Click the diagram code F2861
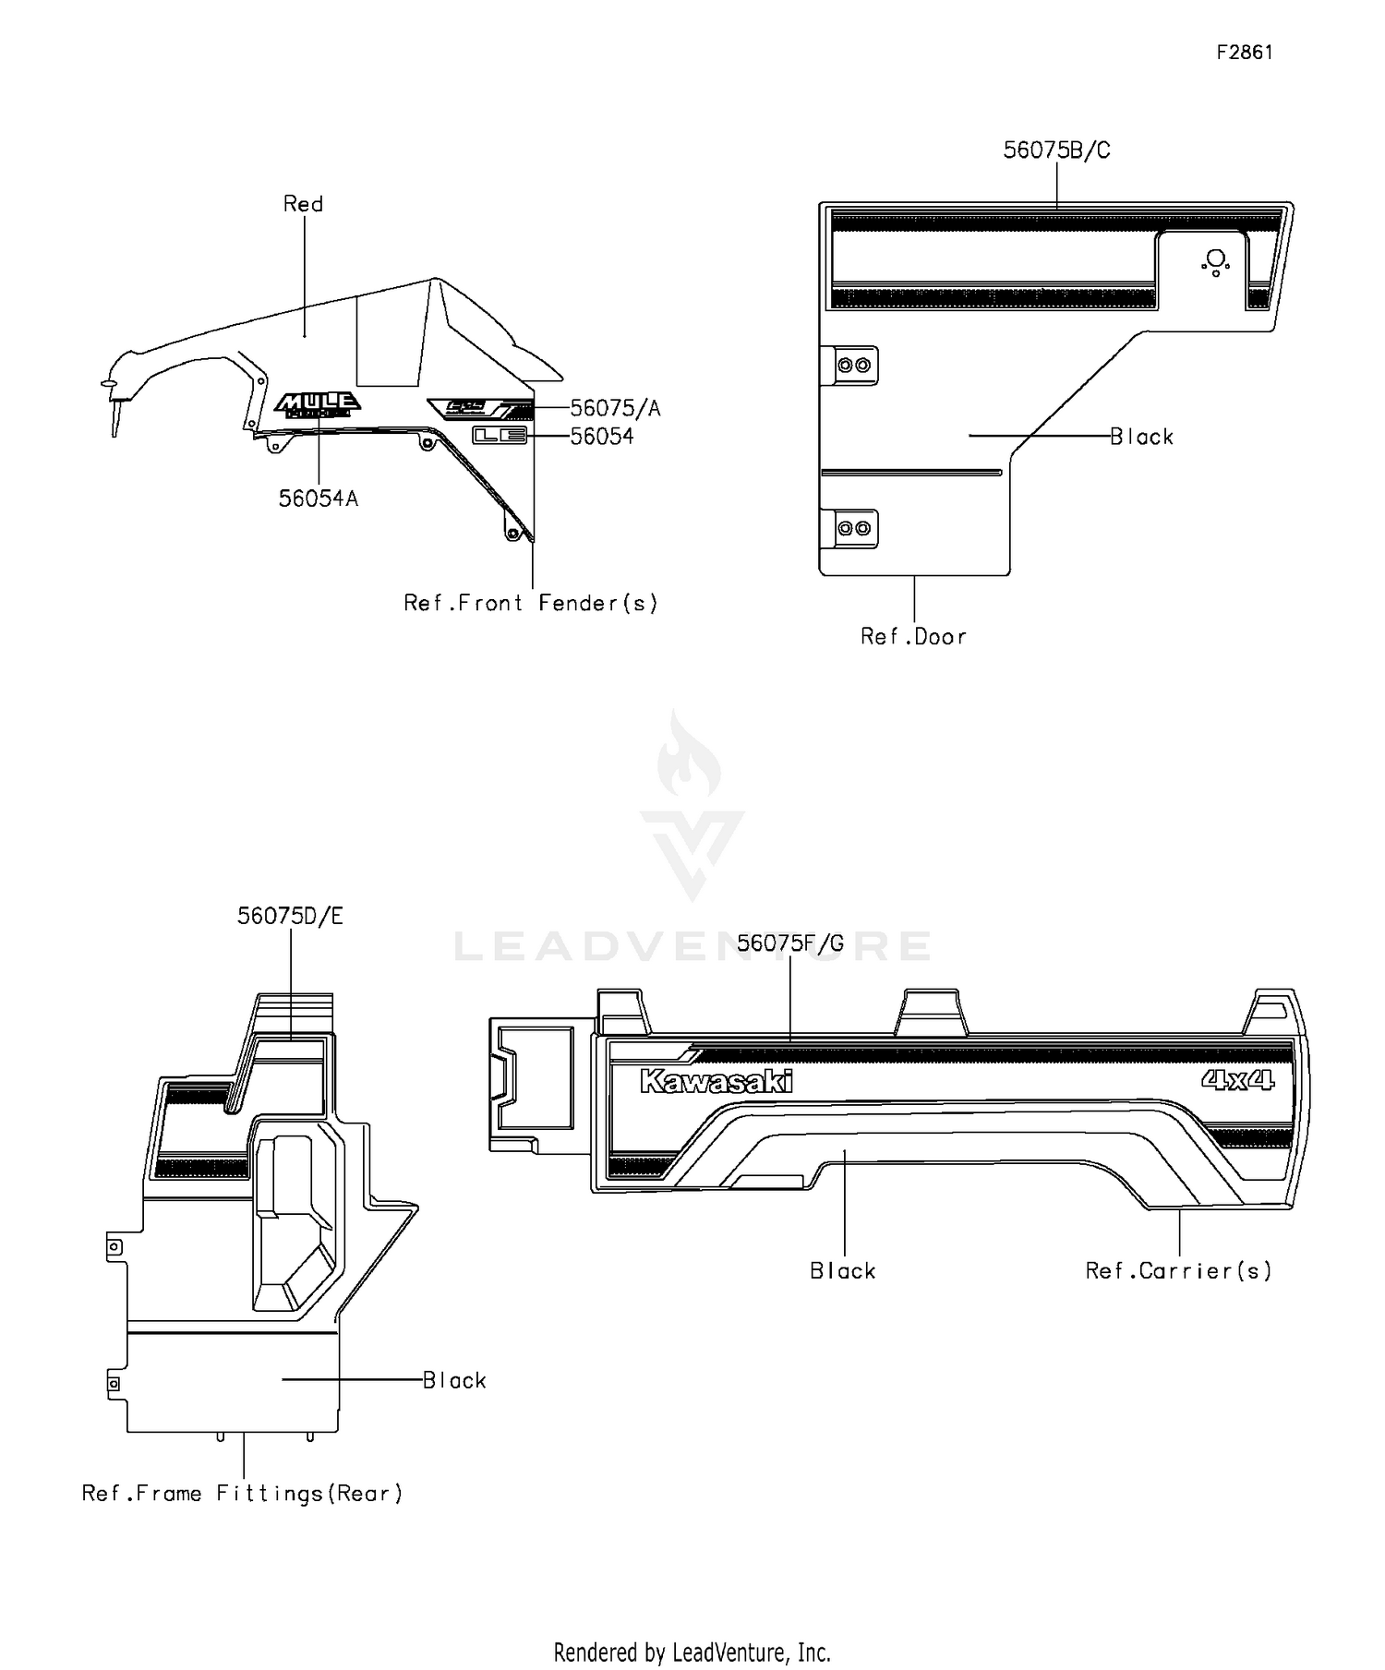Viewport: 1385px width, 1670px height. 1244,53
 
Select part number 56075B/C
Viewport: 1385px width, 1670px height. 1056,150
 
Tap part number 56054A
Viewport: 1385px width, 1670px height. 319,499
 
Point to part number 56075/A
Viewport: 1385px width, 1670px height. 615,408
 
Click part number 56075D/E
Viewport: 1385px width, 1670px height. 290,916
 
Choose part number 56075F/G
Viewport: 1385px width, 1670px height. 790,943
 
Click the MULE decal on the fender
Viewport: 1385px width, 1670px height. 318,403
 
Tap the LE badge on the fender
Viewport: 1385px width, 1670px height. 500,436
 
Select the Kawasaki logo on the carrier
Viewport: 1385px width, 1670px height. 717,1081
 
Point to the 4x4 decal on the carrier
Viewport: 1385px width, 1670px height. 1237,1079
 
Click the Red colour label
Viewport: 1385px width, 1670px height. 303,204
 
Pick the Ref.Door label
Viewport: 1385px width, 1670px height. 913,637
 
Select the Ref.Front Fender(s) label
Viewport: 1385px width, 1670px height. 531,604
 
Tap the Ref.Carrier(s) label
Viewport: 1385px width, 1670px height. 1178,1271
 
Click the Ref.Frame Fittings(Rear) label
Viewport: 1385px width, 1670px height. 243,1494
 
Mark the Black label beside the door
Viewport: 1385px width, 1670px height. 1141,437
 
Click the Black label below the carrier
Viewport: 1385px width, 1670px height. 842,1271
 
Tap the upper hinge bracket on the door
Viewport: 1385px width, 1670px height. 854,366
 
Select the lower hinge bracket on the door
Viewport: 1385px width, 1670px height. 854,528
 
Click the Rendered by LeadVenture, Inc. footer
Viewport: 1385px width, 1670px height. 692,1652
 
